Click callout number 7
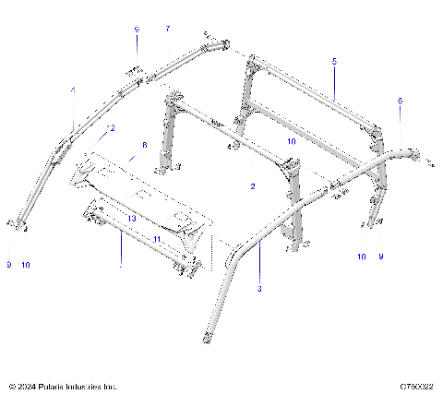167,30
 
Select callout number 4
73,90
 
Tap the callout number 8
144,145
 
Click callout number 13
132,219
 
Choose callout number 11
157,239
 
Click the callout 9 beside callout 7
137,30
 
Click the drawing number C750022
416,386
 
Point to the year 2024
27,386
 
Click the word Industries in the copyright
84,386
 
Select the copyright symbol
11,386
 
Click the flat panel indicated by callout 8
138,189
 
